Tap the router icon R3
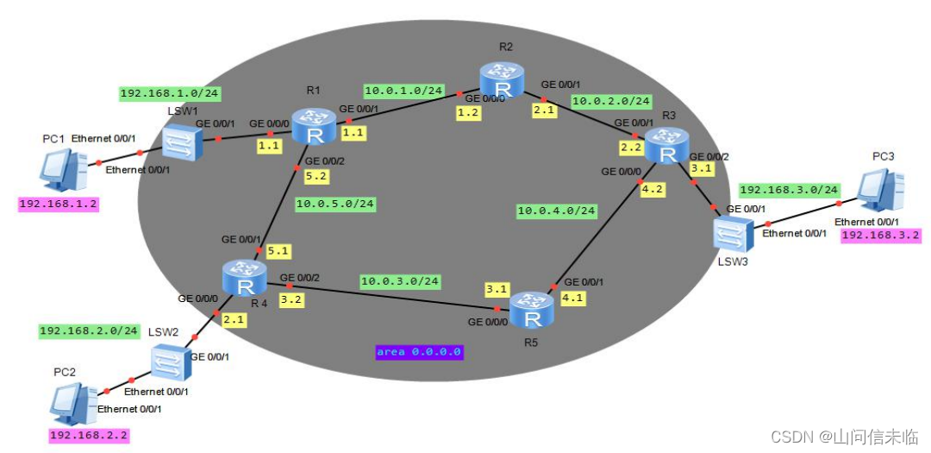[x=666, y=144]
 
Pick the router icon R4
[x=244, y=277]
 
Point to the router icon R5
[x=530, y=310]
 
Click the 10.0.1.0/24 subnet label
[x=403, y=90]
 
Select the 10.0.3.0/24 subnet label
[x=400, y=281]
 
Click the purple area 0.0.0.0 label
[x=419, y=352]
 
